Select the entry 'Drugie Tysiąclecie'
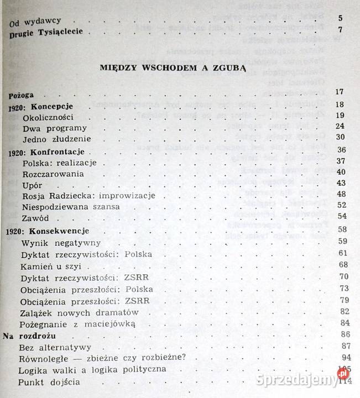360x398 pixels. [46, 32]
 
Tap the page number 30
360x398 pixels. [340, 138]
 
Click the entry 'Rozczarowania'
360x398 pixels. [53, 174]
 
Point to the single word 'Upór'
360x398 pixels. [32, 185]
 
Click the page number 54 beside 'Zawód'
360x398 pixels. [341, 216]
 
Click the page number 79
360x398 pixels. [342, 300]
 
